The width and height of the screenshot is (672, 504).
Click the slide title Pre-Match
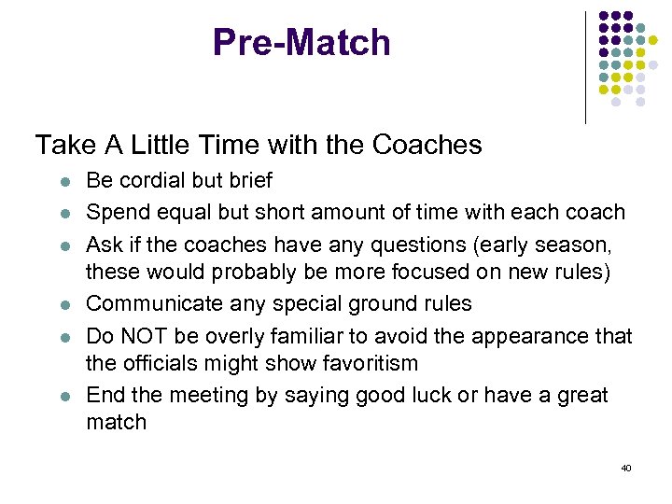pyautogui.click(x=301, y=43)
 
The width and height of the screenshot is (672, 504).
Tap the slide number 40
pyautogui.click(x=625, y=468)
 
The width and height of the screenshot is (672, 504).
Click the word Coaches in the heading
pyautogui.click(x=427, y=145)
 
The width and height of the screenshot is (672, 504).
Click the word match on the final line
pyautogui.click(x=116, y=422)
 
